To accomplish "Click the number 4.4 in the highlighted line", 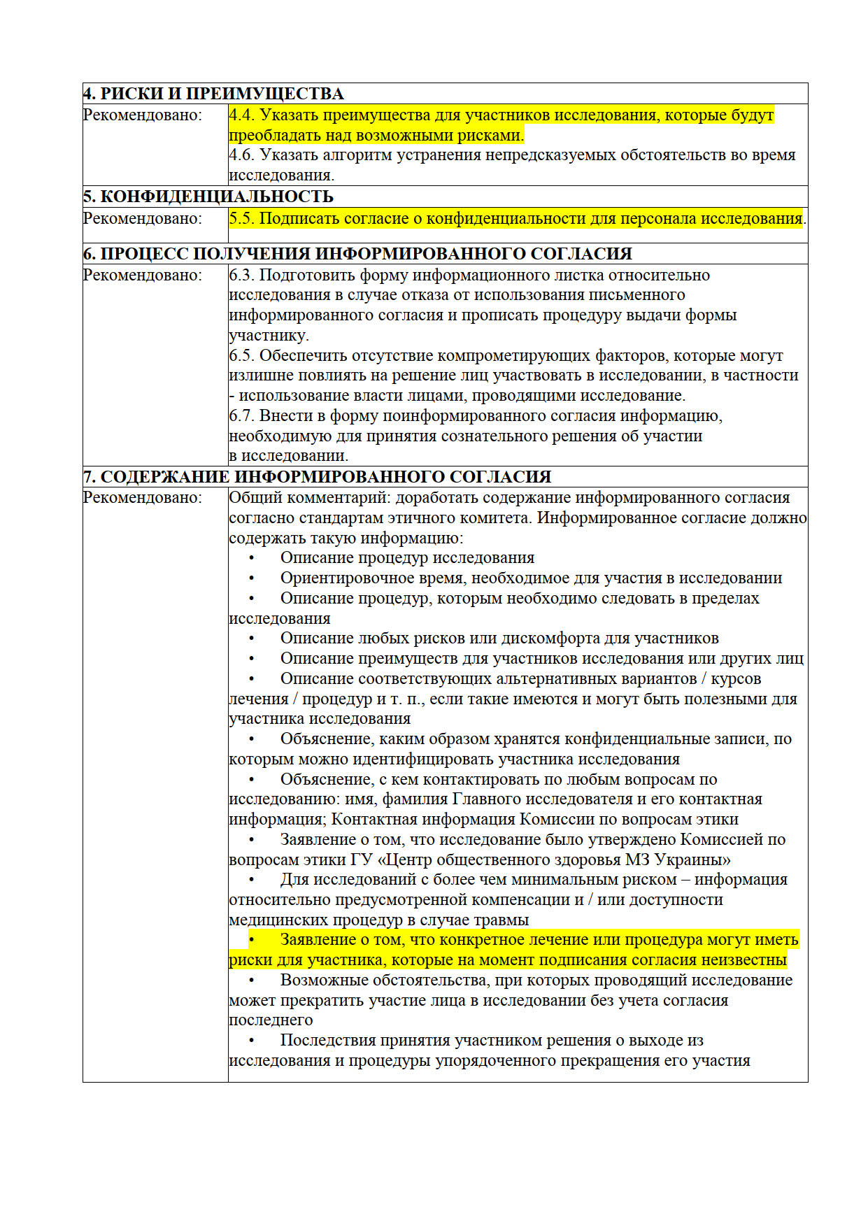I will tap(242, 115).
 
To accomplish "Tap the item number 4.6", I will tap(242, 155).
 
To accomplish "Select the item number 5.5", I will tap(242, 219).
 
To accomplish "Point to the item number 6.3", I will tap(242, 276).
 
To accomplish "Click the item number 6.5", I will tap(242, 356).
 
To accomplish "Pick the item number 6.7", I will tap(242, 416).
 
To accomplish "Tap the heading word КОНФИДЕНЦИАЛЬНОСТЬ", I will tap(217, 197).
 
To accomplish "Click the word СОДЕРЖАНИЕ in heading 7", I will tap(165, 477).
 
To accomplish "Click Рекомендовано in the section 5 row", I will tap(143, 219).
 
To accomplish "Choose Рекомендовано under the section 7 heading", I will tap(143, 498).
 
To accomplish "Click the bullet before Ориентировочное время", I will tap(251, 578).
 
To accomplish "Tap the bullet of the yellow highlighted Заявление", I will tap(251, 940).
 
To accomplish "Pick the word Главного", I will tap(487, 799).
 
